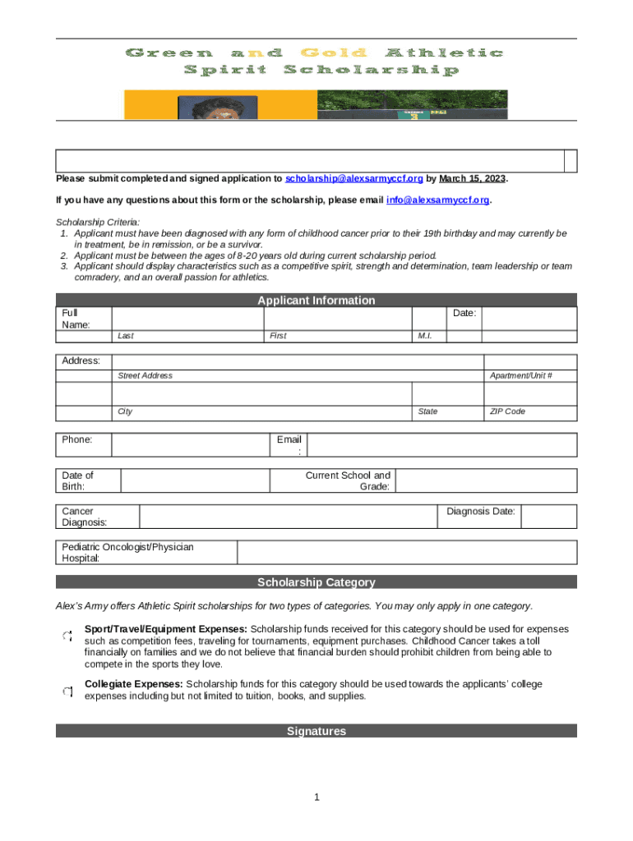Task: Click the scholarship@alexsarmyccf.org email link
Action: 354,178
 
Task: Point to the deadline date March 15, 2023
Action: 473,178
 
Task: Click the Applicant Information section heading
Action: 316,301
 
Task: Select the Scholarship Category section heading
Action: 316,582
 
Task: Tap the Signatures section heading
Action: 316,731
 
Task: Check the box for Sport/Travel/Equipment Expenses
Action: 67,635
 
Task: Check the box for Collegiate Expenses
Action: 67,692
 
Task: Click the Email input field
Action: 441,444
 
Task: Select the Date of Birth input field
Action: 195,480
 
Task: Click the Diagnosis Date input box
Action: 548,516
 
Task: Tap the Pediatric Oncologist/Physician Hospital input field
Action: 407,552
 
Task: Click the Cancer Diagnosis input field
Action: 287,516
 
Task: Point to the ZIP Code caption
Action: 507,411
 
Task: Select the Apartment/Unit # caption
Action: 520,375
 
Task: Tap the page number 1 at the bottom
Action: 316,797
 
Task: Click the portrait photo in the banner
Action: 217,108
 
